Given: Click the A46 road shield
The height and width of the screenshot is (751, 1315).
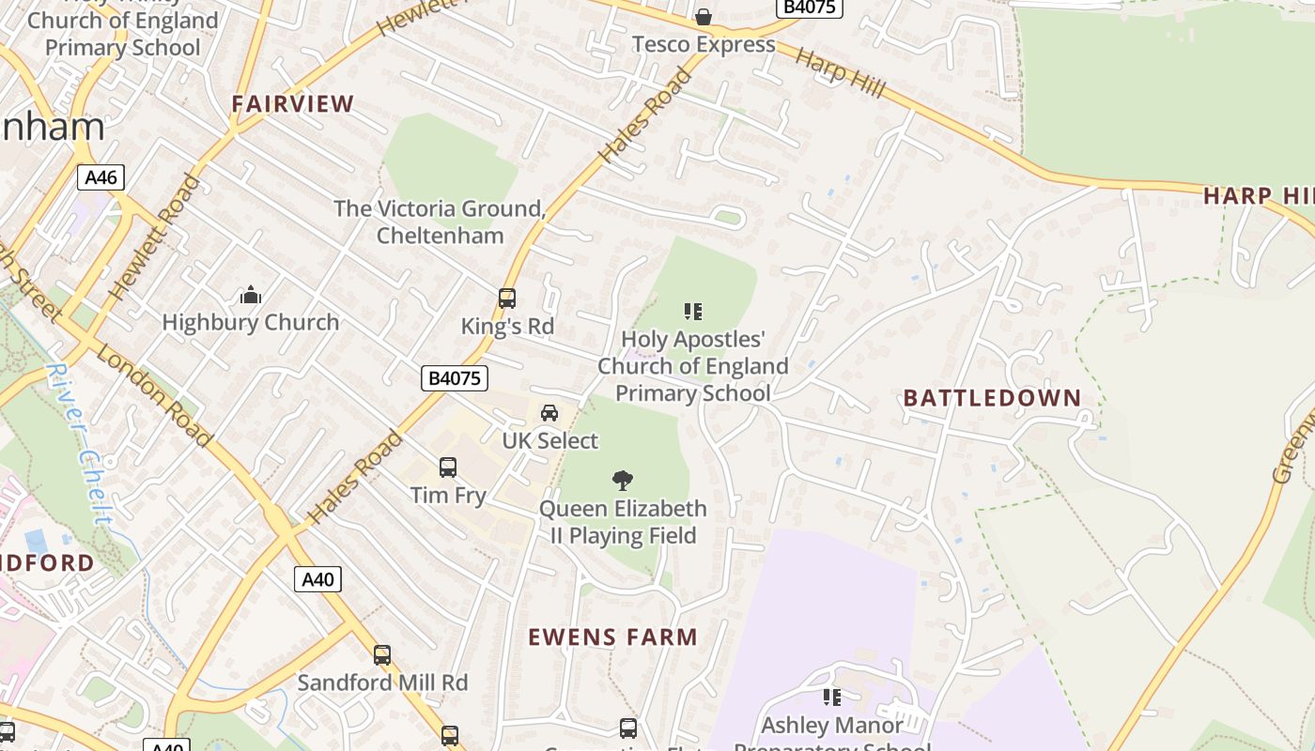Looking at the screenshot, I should [101, 177].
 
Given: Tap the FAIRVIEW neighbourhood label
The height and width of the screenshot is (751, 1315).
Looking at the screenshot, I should [293, 104].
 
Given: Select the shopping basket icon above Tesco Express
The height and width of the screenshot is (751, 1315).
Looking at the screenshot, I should [703, 17].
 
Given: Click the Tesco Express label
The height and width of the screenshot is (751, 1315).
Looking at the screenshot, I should [704, 44].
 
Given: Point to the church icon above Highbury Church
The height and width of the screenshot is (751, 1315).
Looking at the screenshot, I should [251, 296].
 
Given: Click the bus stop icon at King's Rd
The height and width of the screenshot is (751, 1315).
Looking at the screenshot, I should [507, 299].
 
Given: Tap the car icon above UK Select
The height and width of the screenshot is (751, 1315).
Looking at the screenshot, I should [549, 413].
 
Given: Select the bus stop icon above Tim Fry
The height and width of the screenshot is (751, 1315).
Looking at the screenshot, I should [448, 467].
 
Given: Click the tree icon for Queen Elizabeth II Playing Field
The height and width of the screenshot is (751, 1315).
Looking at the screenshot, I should [622, 482].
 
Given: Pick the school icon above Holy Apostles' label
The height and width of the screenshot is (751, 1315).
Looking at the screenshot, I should [693, 312].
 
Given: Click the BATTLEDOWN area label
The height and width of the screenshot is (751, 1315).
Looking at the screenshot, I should [992, 398].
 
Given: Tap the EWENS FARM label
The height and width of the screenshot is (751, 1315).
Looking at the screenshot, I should [612, 637].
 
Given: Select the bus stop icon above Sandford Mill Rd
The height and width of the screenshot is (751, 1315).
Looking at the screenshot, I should [382, 655].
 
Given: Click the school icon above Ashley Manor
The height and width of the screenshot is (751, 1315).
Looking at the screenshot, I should [831, 697].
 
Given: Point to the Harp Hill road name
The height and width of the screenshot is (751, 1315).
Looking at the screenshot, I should [840, 71].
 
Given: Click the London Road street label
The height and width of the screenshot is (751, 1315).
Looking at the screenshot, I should [153, 395].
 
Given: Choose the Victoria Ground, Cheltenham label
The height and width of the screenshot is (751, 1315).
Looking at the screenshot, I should [440, 222].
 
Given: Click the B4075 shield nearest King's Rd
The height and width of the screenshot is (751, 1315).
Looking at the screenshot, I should [454, 378].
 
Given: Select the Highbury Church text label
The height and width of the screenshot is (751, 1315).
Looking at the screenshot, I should [251, 323].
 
